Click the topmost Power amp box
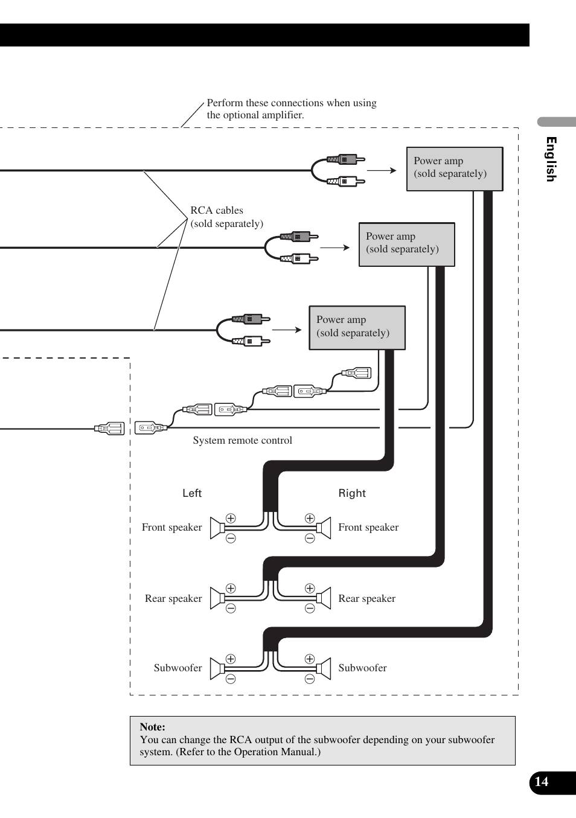click(455, 168)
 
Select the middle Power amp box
click(406, 244)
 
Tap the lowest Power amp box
click(357, 327)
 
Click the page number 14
click(542, 782)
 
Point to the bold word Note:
click(152, 727)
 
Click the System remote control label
click(242, 441)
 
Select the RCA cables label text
click(226, 217)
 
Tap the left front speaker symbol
click(217, 528)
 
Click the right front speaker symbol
click(324, 528)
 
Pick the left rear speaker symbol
click(217, 598)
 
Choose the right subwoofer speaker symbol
click(324, 669)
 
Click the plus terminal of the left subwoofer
click(231, 659)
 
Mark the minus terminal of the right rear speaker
click(310, 609)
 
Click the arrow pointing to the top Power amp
click(382, 170)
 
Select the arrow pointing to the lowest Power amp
click(287, 330)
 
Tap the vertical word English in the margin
click(551, 159)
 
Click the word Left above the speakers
click(192, 493)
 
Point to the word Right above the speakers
click(352, 493)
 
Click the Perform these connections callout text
click(291, 109)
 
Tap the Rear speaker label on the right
click(366, 598)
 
